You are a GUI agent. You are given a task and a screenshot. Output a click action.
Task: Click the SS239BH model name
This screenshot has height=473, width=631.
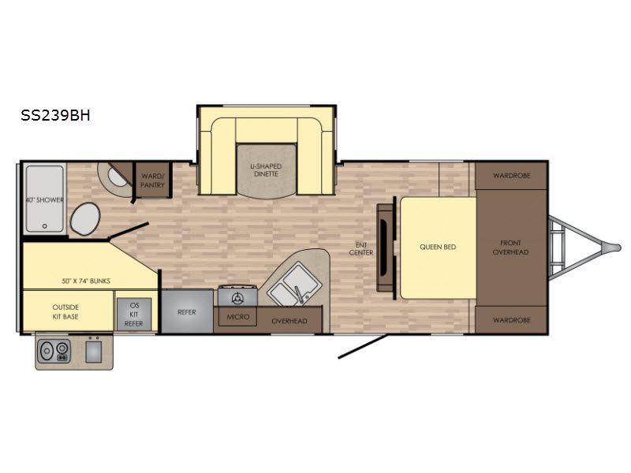click(x=55, y=115)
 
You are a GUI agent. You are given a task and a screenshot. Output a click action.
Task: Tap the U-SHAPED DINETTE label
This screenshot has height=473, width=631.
click(x=266, y=170)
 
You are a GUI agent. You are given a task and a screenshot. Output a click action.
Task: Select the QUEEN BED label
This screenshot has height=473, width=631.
click(x=438, y=247)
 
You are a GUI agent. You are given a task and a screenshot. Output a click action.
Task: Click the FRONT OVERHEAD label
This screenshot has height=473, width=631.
click(x=510, y=248)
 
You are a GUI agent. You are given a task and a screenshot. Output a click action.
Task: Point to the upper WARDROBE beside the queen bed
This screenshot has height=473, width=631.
click(x=511, y=176)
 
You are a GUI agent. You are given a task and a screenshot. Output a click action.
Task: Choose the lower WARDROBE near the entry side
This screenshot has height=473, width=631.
click(x=511, y=320)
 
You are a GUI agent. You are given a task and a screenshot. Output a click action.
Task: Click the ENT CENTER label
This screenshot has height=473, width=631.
click(x=361, y=248)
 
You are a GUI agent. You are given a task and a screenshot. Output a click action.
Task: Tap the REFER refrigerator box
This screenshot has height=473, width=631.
click(x=187, y=311)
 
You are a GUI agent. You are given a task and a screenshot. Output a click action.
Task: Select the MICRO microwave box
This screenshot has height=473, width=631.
click(x=238, y=317)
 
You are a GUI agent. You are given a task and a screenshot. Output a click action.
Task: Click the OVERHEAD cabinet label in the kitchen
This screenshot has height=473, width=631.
click(x=289, y=321)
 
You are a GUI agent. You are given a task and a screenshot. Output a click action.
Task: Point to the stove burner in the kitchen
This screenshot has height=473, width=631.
click(x=237, y=298)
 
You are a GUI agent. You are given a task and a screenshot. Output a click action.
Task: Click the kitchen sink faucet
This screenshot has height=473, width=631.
click(x=299, y=294)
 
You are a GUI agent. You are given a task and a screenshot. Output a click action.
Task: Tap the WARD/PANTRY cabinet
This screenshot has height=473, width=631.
click(x=152, y=181)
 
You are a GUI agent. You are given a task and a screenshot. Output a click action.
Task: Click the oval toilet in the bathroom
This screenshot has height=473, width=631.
click(x=85, y=219)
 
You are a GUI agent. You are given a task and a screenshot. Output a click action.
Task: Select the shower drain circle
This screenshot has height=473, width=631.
click(x=45, y=226)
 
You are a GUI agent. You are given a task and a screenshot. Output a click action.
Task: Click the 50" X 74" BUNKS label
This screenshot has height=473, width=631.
click(x=86, y=281)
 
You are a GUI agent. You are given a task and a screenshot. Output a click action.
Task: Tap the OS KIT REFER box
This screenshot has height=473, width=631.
click(x=134, y=315)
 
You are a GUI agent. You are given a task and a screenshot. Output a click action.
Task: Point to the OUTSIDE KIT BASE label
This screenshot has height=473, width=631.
click(x=65, y=311)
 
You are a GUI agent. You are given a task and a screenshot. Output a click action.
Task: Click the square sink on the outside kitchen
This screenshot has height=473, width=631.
click(x=93, y=352)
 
